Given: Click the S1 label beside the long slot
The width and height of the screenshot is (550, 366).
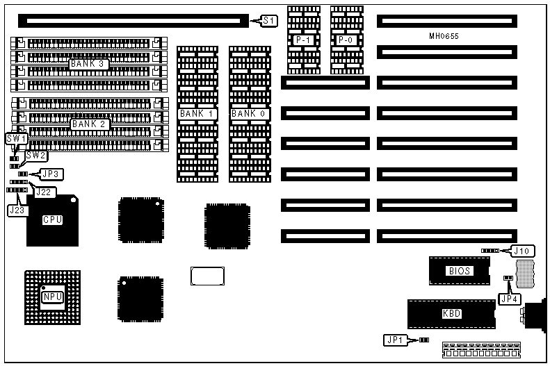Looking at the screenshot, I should point(269,21).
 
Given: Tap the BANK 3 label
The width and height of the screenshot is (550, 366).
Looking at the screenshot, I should point(87,64).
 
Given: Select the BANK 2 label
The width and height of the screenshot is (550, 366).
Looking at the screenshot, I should point(87,124).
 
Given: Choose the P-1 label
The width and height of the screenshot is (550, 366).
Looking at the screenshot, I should point(303,41).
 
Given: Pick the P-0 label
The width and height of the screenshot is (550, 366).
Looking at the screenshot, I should point(346,41).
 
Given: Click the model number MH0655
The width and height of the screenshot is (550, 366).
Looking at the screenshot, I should point(444,35).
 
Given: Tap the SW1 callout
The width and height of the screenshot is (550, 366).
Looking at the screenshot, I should point(15,139).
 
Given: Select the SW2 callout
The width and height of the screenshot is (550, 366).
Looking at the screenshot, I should point(36,156).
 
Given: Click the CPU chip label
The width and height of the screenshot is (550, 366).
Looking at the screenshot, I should point(53,220).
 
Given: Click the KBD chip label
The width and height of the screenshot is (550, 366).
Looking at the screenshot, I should point(451,313).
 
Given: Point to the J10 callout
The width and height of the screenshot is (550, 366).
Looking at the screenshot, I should point(522,251).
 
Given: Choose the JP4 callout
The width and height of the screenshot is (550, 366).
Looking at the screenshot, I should point(508,299).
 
